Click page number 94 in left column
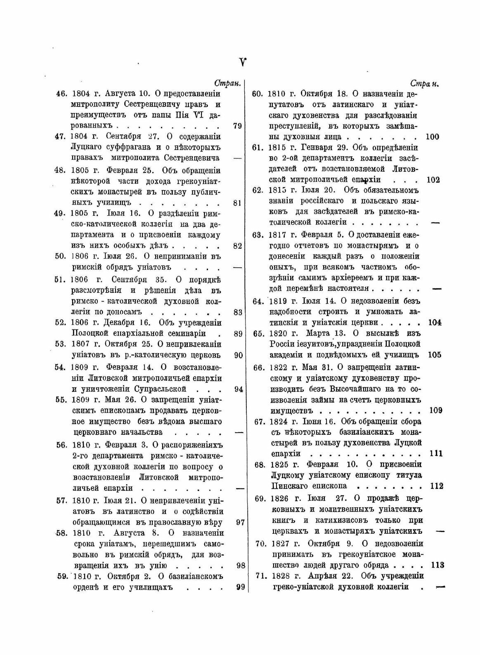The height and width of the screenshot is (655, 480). tap(238, 389)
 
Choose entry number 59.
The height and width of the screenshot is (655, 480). tap(63, 576)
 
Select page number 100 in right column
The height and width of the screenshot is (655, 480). tap(432, 137)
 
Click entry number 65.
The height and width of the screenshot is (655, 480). tap(258, 333)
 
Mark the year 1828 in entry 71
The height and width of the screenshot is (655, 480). tap(280, 576)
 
